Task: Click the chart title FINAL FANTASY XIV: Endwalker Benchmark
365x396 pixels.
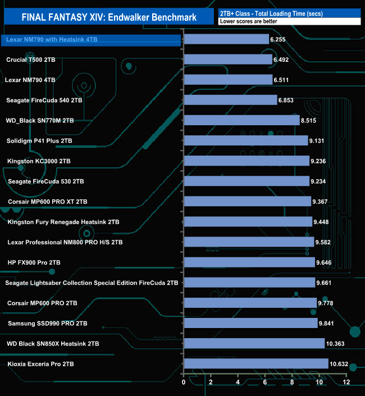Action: tap(109, 17)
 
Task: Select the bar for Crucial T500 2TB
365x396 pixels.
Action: tap(227, 60)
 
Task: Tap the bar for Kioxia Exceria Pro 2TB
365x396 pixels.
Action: tap(255, 363)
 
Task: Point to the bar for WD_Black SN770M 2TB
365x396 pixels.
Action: tap(241, 120)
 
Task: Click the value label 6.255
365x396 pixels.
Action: tap(279, 39)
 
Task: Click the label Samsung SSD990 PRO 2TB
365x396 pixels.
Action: tap(47, 324)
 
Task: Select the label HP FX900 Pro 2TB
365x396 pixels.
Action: tap(42, 262)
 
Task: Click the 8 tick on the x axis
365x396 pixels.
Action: tap(292, 383)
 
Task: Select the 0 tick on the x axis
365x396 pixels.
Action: tap(184, 383)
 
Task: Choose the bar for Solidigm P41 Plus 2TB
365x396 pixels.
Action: tap(245, 140)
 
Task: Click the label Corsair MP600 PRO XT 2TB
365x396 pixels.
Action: tap(47, 202)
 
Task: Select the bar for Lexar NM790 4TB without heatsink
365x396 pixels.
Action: tap(227, 80)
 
